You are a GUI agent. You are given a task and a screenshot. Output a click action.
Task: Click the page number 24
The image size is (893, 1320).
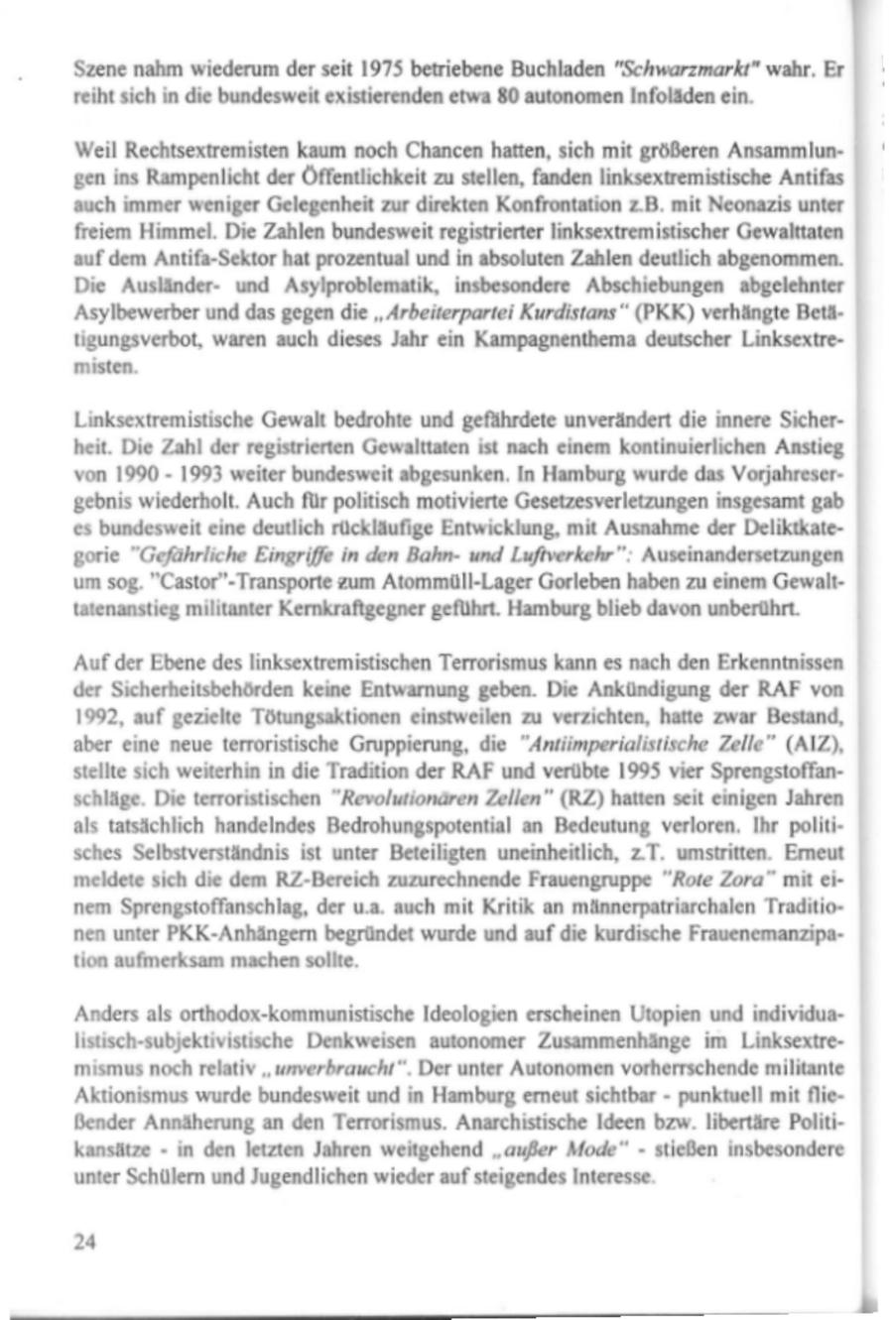pyautogui.click(x=85, y=1242)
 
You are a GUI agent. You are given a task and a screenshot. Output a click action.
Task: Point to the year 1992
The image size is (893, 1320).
pyautogui.click(x=95, y=714)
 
